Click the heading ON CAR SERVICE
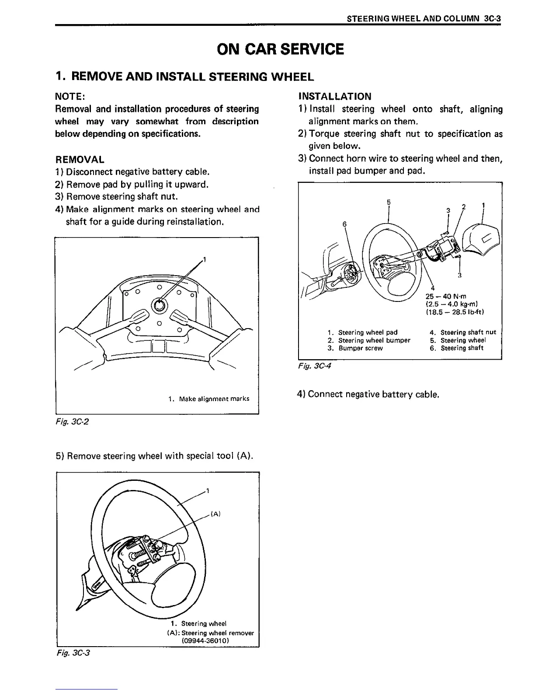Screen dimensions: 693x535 pyautogui.click(x=280, y=49)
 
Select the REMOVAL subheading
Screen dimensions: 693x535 pyautogui.click(x=80, y=159)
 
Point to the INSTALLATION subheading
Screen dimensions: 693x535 pyautogui.click(x=334, y=96)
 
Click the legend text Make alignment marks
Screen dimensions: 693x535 pyautogui.click(x=214, y=399)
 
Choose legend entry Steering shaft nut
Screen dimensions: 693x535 pyautogui.click(x=468, y=332)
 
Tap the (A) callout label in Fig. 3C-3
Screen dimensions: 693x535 pyautogui.click(x=215, y=514)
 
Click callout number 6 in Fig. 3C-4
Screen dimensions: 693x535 pyautogui.click(x=344, y=224)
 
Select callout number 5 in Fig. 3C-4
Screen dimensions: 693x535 pyautogui.click(x=389, y=202)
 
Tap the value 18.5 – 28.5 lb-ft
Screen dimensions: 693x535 pyautogui.click(x=455, y=312)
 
